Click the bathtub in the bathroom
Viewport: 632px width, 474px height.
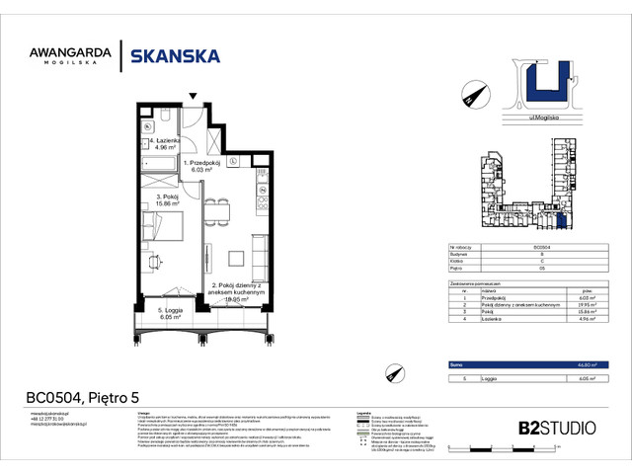(158, 163)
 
